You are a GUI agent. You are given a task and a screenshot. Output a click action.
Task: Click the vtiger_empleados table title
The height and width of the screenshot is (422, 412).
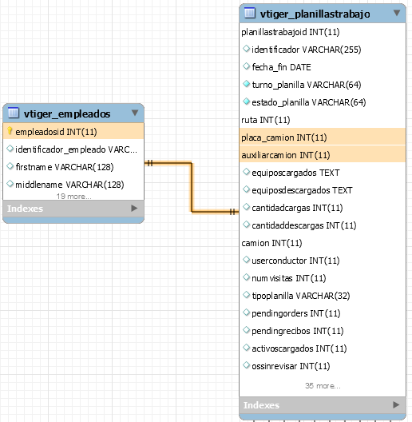pos(67,113)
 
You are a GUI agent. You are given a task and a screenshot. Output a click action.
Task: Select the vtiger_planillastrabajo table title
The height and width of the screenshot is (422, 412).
pos(315,14)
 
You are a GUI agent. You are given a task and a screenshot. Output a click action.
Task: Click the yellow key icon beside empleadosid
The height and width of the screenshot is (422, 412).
pos(10,131)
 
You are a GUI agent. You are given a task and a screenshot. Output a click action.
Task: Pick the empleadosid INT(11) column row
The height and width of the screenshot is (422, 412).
pos(73,132)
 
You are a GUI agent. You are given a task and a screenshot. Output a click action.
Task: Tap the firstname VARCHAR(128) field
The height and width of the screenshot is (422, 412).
pos(65,167)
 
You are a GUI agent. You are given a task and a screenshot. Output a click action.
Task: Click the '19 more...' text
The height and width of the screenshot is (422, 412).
pos(74,197)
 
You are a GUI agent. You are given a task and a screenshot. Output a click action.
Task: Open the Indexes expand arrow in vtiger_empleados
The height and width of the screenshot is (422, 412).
pos(134,209)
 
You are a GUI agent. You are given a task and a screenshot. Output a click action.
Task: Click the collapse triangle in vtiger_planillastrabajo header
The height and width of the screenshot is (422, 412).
pos(397,13)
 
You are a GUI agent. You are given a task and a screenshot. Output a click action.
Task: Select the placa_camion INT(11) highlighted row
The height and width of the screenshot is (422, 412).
pos(323,137)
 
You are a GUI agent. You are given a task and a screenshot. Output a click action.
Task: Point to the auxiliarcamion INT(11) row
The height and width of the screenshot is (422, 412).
pos(323,154)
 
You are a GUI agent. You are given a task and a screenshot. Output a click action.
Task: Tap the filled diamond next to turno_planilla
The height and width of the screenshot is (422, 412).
pos(247,84)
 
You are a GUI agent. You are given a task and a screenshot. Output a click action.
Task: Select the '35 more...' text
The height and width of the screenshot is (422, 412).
pos(323,386)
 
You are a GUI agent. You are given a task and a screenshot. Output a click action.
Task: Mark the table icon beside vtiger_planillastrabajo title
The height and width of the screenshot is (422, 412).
pos(250,13)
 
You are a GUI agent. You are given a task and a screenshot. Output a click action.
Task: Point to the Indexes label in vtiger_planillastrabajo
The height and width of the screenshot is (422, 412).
pos(261,405)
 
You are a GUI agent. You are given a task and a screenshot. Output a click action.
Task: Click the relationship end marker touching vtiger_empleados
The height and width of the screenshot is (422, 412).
pos(150,163)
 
